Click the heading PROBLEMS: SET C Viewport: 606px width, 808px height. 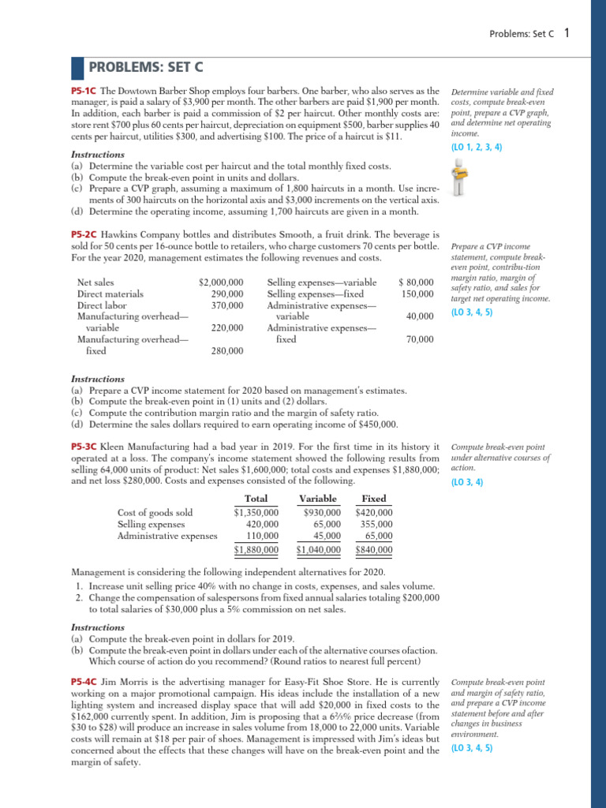139,68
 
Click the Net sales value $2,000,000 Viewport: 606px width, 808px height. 221,282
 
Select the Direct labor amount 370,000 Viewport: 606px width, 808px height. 227,305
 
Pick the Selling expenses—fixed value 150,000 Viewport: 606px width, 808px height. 417,294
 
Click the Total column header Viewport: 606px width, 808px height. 256,499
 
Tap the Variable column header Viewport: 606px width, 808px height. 318,499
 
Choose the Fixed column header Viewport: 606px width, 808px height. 373,499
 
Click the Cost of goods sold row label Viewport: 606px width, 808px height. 155,512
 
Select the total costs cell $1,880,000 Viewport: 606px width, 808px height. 256,550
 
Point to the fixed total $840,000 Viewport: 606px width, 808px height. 374,550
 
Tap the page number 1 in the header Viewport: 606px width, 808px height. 567,33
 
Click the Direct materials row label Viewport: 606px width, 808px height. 110,294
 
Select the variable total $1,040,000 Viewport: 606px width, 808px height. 318,550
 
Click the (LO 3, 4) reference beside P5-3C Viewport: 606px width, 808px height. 466,482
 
